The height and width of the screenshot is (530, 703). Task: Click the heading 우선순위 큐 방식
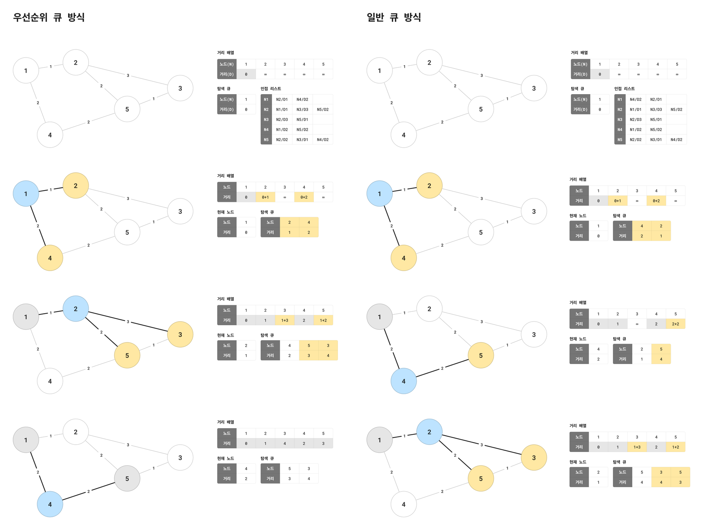[x=49, y=17]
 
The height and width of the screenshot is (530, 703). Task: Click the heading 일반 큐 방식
[x=394, y=17]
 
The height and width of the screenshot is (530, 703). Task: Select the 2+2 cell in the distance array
[x=676, y=324]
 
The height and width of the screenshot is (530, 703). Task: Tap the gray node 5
[x=127, y=478]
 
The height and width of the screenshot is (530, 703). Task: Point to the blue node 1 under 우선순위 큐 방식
[x=26, y=194]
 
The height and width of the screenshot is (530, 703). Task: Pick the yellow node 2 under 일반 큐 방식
[x=429, y=186]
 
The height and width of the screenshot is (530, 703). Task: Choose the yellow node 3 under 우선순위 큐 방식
[x=180, y=334]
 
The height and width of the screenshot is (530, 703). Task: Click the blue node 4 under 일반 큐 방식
[x=403, y=381]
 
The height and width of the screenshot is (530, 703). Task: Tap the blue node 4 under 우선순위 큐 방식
[x=50, y=504]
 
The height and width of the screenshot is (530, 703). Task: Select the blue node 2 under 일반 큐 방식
[x=429, y=432]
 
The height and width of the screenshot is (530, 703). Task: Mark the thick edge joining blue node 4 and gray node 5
[x=89, y=491]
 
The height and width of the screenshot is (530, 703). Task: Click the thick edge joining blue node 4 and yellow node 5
[x=442, y=368]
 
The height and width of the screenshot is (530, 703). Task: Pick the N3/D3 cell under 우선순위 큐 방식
[x=302, y=110]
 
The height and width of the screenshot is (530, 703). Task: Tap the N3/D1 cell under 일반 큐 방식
[x=656, y=140]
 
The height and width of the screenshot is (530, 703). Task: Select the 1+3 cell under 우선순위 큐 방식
[x=285, y=320]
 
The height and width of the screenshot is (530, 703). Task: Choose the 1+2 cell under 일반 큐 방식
[x=676, y=447]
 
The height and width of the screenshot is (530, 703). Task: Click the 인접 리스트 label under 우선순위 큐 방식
[x=271, y=89]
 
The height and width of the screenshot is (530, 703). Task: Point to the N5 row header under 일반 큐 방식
[x=620, y=140]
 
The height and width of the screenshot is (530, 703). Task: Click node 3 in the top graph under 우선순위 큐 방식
[x=180, y=88]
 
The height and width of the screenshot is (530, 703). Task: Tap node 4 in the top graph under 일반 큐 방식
[x=403, y=135]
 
